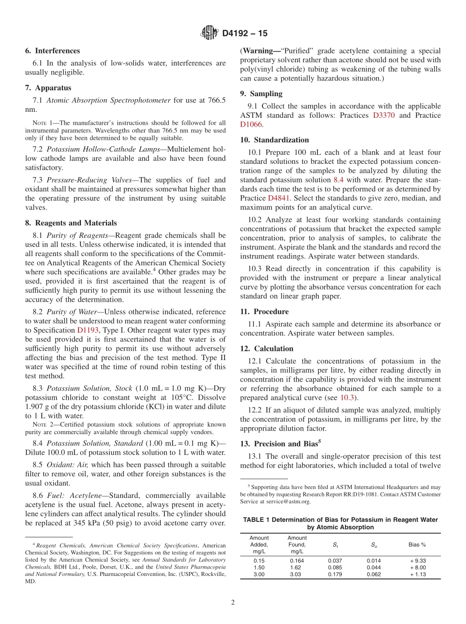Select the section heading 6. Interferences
[52, 51]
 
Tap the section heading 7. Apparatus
[48, 88]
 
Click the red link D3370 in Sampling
[386, 115]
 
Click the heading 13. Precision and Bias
[280, 443]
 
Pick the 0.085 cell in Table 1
[336, 568]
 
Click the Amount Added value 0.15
[259, 561]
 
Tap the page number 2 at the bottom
[233, 603]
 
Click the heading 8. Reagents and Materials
[71, 223]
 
